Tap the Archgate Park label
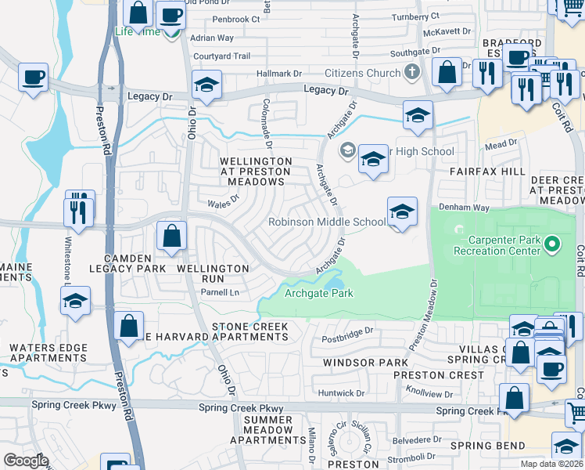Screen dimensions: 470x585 point(318,294)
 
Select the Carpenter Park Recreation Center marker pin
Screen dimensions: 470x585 point(553,244)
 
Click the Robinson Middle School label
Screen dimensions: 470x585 point(327,222)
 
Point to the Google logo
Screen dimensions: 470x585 point(26,461)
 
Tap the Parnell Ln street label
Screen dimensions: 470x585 point(220,293)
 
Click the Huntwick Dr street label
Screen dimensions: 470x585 point(341,393)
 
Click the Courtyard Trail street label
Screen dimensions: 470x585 point(221,56)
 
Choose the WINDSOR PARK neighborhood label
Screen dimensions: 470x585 point(366,363)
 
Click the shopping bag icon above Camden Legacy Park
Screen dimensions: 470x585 point(171,236)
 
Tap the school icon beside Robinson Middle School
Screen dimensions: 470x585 point(402,211)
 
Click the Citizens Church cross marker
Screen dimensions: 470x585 point(412,73)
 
